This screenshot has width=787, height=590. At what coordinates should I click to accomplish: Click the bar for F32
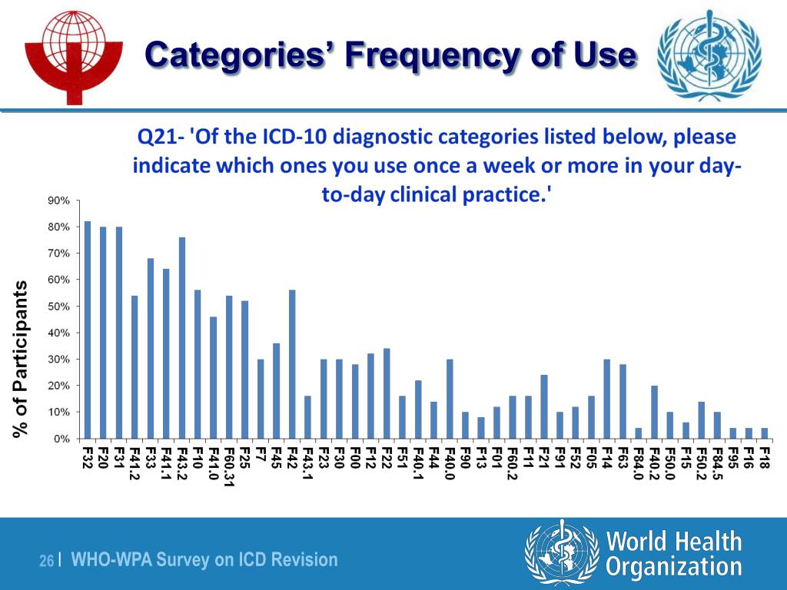pos(88,330)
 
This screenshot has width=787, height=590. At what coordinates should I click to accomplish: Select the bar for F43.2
pos(182,338)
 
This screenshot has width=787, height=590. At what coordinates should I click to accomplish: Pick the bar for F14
pos(607,399)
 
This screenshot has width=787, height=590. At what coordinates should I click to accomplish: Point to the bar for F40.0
pos(450,399)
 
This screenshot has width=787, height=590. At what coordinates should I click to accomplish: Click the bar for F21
pos(544,406)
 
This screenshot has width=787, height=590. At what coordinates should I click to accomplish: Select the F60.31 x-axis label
pos(229,466)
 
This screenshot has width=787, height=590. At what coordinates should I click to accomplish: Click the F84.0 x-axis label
pos(638,462)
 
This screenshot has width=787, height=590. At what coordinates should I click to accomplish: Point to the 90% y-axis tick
pos(60,201)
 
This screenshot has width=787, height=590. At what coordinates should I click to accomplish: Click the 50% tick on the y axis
pos(60,307)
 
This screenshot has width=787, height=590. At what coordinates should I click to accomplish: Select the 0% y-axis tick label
pos(62,439)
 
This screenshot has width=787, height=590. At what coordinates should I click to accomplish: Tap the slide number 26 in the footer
pos(46,562)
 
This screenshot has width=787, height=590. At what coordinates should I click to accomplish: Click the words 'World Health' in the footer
pos(674,541)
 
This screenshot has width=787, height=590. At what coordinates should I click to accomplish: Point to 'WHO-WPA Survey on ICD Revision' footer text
pos(204,560)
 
